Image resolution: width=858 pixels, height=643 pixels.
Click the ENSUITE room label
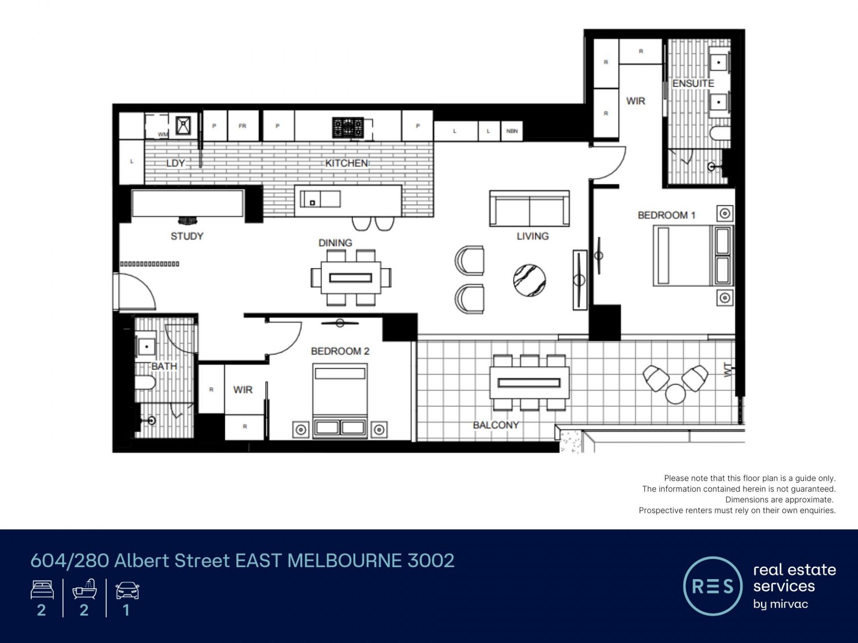pyautogui.click(x=693, y=84)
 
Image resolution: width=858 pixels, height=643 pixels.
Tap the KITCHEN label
pyautogui.click(x=346, y=163)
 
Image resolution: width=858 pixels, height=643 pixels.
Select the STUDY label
pyautogui.click(x=187, y=236)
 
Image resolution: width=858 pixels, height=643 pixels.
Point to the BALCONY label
pyautogui.click(x=496, y=425)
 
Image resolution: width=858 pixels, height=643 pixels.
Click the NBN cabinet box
pyautogui.click(x=512, y=131)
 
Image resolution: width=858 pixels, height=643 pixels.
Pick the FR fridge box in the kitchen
pyautogui.click(x=242, y=126)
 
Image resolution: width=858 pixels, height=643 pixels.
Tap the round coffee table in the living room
pyautogui.click(x=530, y=280)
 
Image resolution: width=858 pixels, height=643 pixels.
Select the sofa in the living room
pyautogui.click(x=529, y=209)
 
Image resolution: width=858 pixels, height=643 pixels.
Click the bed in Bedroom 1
pyautogui.click(x=693, y=255)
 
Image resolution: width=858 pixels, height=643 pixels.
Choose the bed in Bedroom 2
pyautogui.click(x=340, y=401)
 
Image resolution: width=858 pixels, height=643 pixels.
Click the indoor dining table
pyautogui.click(x=351, y=278)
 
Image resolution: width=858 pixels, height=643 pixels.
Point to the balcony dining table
pyautogui.click(x=529, y=383)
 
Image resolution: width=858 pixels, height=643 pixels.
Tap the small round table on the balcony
pyautogui.click(x=675, y=393)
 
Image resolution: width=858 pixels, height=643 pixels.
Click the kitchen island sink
pyautogui.click(x=320, y=199)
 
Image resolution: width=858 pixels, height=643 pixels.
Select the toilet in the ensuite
pyautogui.click(x=719, y=133)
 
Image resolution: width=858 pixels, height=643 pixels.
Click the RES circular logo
pyautogui.click(x=712, y=586)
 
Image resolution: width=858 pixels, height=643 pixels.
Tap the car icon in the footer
pyautogui.click(x=127, y=590)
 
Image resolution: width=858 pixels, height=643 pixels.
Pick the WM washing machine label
pyautogui.click(x=163, y=134)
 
